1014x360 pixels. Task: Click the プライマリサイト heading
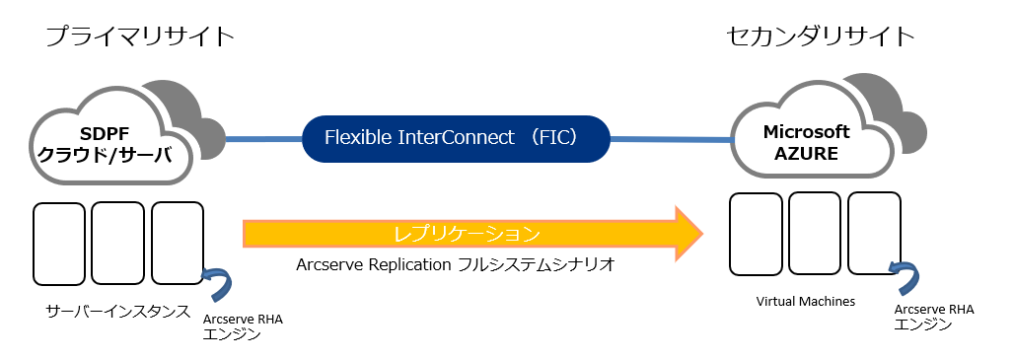coord(140,36)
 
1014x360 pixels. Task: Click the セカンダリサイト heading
coord(821,36)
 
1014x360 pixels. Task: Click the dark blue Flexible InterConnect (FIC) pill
coord(456,138)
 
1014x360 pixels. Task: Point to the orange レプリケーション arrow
coord(472,234)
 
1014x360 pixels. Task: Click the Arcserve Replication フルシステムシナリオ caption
coord(455,265)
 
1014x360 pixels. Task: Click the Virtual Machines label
coord(806,301)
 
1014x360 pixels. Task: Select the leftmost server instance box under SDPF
coord(59,243)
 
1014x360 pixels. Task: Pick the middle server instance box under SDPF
coord(117,243)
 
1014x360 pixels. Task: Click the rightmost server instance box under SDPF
coord(178,243)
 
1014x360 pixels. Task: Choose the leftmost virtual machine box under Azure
coord(756,234)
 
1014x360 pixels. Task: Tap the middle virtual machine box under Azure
coord(815,234)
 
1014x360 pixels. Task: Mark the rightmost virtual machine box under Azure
coord(874,234)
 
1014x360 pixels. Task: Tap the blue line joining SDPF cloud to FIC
coord(263,138)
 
